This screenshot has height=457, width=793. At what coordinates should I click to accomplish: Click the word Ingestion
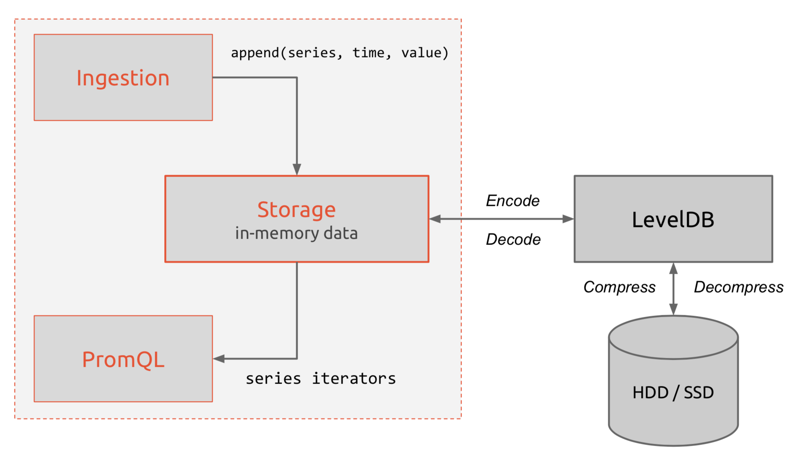[x=123, y=79]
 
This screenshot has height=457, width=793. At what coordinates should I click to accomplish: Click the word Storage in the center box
[x=297, y=210]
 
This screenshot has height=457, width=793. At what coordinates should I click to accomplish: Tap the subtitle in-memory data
[x=297, y=233]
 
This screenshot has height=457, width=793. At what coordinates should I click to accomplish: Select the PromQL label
[x=123, y=360]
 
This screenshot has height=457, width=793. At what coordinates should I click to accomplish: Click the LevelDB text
[x=673, y=220]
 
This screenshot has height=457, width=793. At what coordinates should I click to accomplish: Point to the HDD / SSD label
[x=673, y=393]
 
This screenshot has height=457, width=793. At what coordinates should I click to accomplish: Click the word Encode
[x=513, y=201]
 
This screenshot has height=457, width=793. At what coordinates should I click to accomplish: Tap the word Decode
[x=513, y=239]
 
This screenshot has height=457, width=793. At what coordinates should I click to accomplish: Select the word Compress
[x=619, y=287]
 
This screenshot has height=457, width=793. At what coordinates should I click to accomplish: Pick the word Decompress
[x=739, y=287]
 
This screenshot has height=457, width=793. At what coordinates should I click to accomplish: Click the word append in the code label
[x=255, y=53]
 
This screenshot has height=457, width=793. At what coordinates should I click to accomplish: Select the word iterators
[x=354, y=378]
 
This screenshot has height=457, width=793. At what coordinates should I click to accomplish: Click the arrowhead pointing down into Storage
[x=297, y=170]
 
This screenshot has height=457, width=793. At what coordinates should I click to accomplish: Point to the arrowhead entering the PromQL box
[x=219, y=359]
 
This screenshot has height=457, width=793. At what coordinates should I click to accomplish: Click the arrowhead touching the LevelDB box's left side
[x=568, y=219]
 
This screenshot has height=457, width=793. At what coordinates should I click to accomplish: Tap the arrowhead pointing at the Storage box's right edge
[x=435, y=219]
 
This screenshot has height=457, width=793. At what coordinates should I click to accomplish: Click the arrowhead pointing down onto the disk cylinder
[x=674, y=309]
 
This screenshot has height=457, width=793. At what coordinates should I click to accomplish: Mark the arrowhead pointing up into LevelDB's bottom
[x=674, y=268]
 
